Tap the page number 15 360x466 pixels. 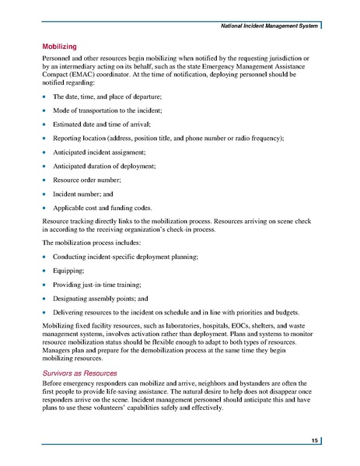click(313, 441)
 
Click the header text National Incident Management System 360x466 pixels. click(268, 27)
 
